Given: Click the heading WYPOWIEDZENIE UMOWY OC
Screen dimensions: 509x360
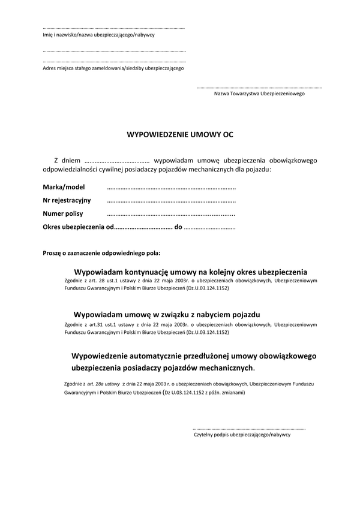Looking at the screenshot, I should (179, 135).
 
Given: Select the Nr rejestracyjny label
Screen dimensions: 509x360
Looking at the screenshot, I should (67, 200).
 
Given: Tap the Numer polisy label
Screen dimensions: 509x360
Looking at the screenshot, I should (63, 213).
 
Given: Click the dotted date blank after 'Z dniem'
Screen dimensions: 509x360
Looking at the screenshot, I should (117, 161).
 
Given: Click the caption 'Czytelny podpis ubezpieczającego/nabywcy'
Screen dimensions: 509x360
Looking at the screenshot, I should (242, 434).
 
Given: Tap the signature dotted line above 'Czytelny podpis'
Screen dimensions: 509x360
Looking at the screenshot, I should (249, 429).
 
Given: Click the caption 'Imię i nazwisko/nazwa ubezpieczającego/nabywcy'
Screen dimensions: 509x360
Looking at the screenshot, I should (99, 35).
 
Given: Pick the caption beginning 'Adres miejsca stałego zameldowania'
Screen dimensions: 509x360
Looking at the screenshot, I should (113, 68).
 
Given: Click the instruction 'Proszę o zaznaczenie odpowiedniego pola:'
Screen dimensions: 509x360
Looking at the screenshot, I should (101, 254).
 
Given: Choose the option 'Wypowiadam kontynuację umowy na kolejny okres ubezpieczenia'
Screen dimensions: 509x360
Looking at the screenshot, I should (191, 271).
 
